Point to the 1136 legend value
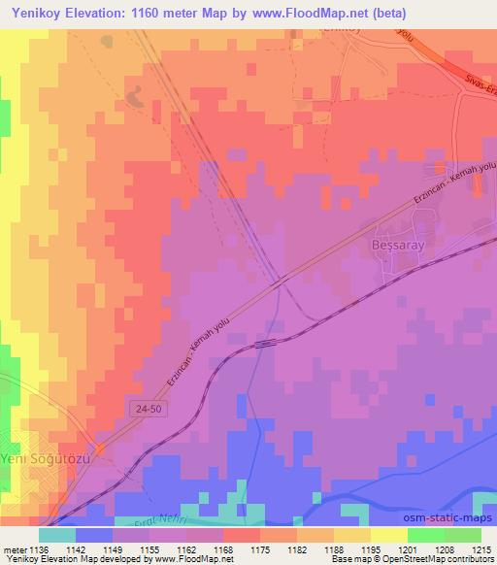[39, 548]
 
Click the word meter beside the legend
[13, 548]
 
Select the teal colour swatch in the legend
[57, 535]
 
